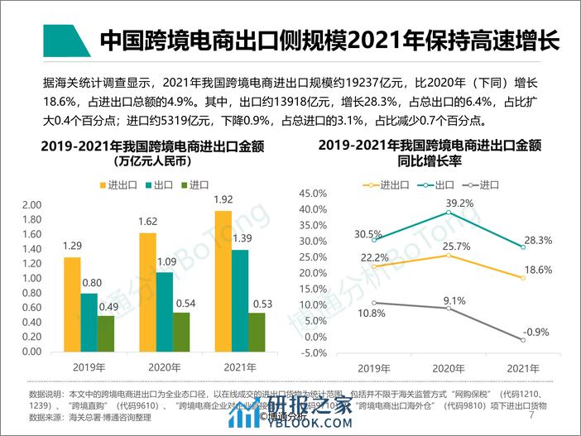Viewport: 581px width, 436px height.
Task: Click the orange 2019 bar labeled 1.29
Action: (72, 304)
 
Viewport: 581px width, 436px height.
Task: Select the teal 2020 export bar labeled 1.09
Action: (166, 312)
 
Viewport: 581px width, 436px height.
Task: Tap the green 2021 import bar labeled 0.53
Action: (257, 332)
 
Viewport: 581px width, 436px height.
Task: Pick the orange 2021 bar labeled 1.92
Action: (223, 281)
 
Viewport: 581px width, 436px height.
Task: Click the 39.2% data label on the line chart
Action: (449, 203)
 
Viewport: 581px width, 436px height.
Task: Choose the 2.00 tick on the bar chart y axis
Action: (31, 205)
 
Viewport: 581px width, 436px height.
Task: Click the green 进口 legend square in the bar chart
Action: (183, 184)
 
